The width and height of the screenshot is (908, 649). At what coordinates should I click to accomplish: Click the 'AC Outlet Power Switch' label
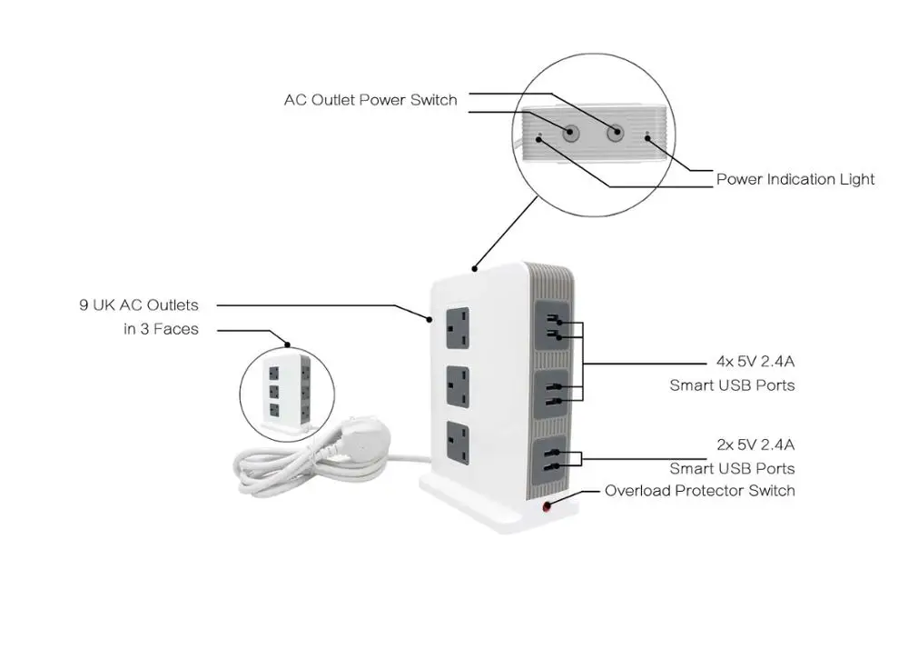coord(370,100)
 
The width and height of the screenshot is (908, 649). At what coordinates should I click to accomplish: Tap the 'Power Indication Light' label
coord(795,179)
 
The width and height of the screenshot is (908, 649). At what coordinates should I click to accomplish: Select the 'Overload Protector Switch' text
coord(700,491)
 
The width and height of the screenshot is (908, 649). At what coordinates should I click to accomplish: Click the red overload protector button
coord(548,507)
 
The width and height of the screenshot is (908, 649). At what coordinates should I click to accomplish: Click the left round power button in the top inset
coord(571,133)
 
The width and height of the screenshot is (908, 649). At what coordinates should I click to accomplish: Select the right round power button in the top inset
coord(615,133)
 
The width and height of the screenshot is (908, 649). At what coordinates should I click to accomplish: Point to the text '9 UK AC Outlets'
coord(138,305)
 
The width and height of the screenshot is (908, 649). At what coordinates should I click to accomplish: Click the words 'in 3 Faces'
coord(161,329)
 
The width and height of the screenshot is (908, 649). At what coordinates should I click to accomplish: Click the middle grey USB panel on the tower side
coord(553,392)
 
